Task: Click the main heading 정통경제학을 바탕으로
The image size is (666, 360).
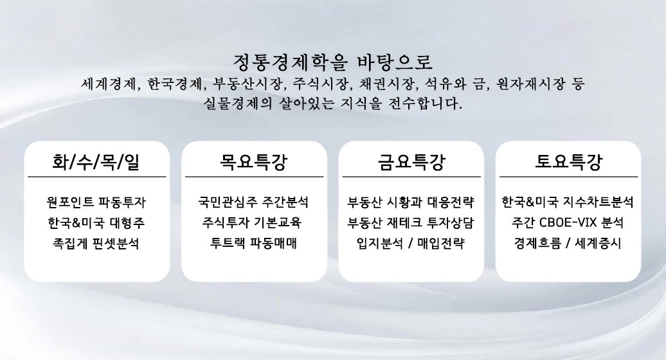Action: [x=332, y=62]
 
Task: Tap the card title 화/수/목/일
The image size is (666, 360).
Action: [x=96, y=162]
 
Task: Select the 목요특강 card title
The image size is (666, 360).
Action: [x=253, y=162]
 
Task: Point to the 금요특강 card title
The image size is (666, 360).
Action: [x=411, y=162]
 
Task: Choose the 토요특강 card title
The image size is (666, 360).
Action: [x=568, y=162]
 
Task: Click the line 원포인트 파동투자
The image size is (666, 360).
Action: [x=96, y=202]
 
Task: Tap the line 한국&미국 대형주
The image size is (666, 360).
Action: [x=96, y=223]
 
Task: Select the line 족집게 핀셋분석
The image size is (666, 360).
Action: [x=96, y=244]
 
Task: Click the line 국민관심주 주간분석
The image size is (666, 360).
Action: [x=253, y=202]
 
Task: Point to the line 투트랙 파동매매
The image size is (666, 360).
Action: [x=253, y=243]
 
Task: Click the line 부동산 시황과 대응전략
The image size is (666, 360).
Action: [x=411, y=202]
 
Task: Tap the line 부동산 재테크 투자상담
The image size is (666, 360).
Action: [x=411, y=223]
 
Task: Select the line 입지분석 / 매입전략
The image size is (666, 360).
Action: [x=411, y=244]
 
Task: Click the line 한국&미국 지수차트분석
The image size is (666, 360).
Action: [x=568, y=202]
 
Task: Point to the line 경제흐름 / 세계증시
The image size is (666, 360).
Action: [x=568, y=243]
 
